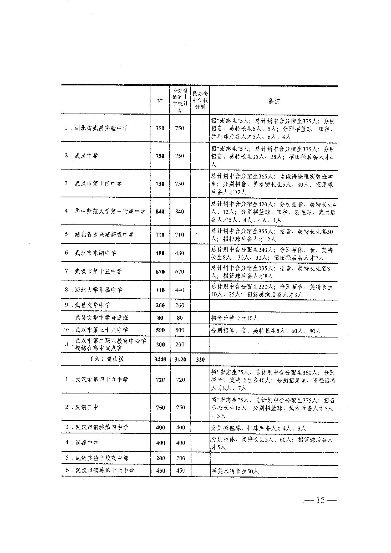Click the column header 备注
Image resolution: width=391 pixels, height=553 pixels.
point(274,101)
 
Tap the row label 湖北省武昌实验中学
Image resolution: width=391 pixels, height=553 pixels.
point(101,128)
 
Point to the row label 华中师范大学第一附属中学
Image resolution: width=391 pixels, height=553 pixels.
point(110,211)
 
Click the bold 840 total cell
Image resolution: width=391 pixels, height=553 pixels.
point(160,212)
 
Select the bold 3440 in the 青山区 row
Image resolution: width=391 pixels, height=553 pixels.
point(160,359)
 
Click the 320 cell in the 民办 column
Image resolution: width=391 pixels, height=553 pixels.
point(200,359)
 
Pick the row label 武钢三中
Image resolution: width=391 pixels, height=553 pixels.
point(87,407)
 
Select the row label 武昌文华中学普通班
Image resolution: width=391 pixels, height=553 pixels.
point(101,318)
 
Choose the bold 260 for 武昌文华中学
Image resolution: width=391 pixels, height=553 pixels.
point(160,305)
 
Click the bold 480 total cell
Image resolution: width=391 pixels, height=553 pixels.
point(160,253)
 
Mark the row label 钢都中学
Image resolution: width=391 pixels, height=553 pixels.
point(87,443)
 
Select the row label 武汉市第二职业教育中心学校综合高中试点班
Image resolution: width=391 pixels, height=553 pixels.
point(110,344)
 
